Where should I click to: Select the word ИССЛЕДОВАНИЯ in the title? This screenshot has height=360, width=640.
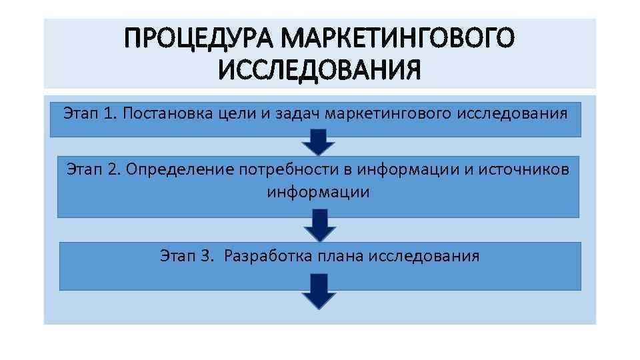(x=319, y=69)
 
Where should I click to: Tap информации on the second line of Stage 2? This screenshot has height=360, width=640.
(x=318, y=193)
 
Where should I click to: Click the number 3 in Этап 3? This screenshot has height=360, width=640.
(x=205, y=255)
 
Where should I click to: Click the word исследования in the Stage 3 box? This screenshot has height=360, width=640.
(x=424, y=255)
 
